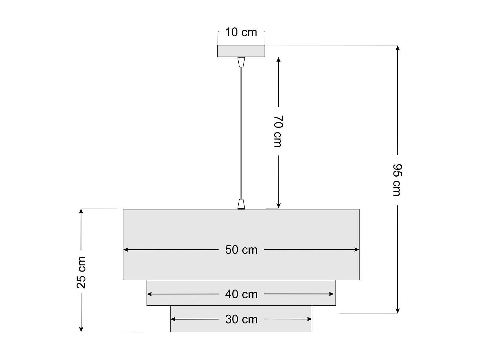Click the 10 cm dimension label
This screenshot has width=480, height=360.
coord(241,32)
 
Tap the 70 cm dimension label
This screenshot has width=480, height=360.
coord(278,131)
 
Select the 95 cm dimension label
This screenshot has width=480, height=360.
coord(397,180)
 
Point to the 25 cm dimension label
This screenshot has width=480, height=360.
coord(81,273)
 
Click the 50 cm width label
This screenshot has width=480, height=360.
coord(241,250)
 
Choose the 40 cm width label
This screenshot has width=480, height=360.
coord(241,294)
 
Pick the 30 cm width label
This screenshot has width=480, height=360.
coord(241,319)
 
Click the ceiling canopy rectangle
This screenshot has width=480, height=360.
coord(241,51)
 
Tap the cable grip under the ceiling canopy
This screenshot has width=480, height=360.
coord(241,62)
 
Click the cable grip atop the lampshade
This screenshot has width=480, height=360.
coord(241,204)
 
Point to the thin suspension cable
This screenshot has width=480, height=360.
coord(241,133)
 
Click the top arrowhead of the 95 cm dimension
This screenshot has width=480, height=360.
coord(398,48)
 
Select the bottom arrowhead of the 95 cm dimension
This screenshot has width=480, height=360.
coord(398,311)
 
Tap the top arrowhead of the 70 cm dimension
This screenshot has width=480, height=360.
coord(278,60)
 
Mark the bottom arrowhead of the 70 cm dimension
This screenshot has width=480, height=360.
coord(278,205)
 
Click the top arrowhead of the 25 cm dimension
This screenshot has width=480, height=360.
coord(81,211)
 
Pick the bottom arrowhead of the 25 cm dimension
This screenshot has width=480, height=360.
coord(81,329)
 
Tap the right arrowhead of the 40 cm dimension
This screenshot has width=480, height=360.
coord(331,294)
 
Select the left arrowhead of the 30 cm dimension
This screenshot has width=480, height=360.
coord(173,319)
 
